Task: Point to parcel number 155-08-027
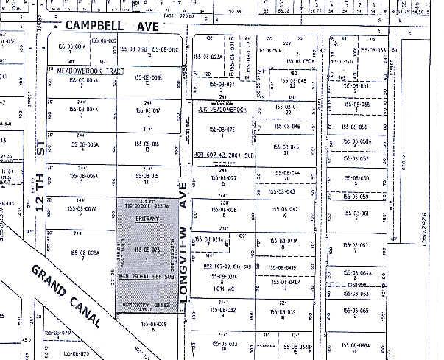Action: point(221,178)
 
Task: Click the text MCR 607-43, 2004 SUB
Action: point(222,155)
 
